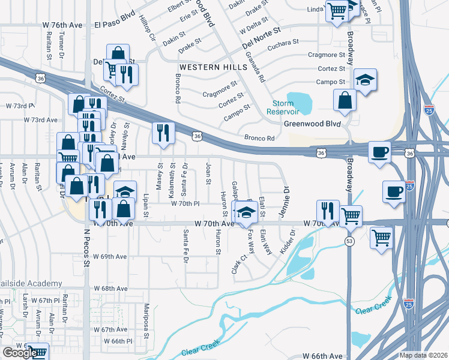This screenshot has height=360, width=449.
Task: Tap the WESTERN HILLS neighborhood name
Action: point(208,66)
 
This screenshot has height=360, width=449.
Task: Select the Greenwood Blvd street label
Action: point(312,124)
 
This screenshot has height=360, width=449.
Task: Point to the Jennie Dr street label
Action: point(286,196)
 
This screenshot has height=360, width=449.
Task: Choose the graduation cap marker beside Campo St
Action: point(363,81)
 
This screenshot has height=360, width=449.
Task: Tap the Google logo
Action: point(20,353)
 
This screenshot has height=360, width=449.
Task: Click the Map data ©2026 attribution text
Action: point(423,355)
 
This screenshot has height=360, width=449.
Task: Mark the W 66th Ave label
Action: point(323,356)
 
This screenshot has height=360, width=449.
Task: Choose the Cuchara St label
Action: point(283,43)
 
